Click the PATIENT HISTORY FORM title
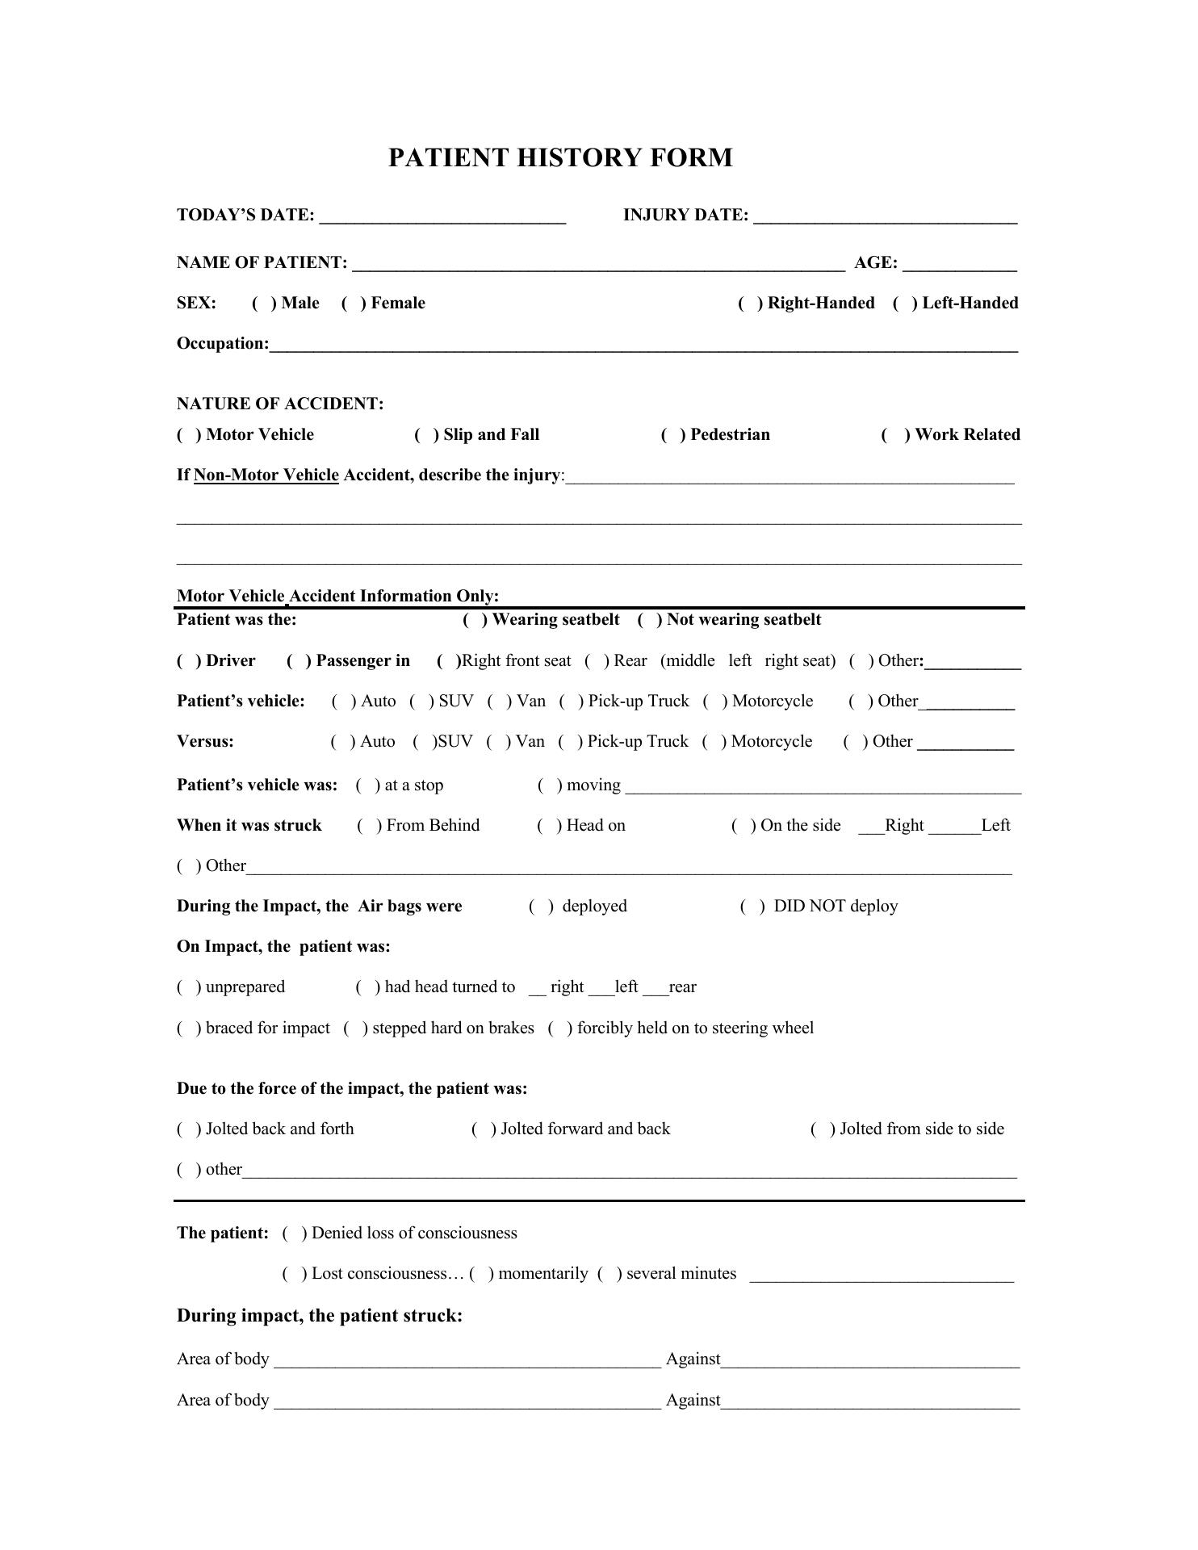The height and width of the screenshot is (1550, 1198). click(560, 157)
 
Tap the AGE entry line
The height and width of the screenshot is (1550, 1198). click(960, 263)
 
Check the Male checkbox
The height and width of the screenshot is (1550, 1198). click(262, 304)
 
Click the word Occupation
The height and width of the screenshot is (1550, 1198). click(222, 344)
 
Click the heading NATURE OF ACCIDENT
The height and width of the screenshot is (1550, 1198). click(280, 404)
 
